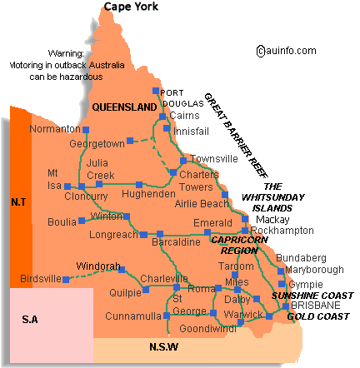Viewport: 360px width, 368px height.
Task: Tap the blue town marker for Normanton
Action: [x=84, y=129]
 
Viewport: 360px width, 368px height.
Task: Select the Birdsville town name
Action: [x=40, y=278]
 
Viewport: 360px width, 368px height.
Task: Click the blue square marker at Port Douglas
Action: [x=156, y=91]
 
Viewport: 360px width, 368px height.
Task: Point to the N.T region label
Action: [x=20, y=201]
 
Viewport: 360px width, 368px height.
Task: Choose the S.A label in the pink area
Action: [x=30, y=319]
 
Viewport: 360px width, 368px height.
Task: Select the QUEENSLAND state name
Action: [x=124, y=107]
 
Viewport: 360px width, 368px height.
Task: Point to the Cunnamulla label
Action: [x=132, y=316]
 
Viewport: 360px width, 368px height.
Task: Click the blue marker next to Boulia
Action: [x=82, y=221]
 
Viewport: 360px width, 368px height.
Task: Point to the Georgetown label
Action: [x=97, y=143]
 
